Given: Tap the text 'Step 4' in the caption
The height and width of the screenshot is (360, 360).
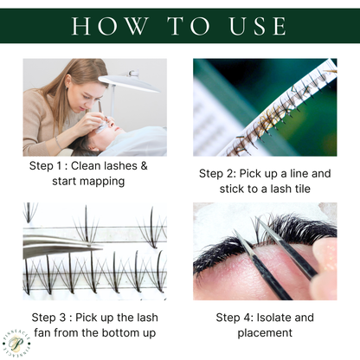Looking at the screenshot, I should tap(236, 317).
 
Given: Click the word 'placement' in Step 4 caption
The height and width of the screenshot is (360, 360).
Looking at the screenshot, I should tap(264, 332).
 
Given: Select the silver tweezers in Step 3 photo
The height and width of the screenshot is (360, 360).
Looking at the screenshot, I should tap(52, 246).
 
